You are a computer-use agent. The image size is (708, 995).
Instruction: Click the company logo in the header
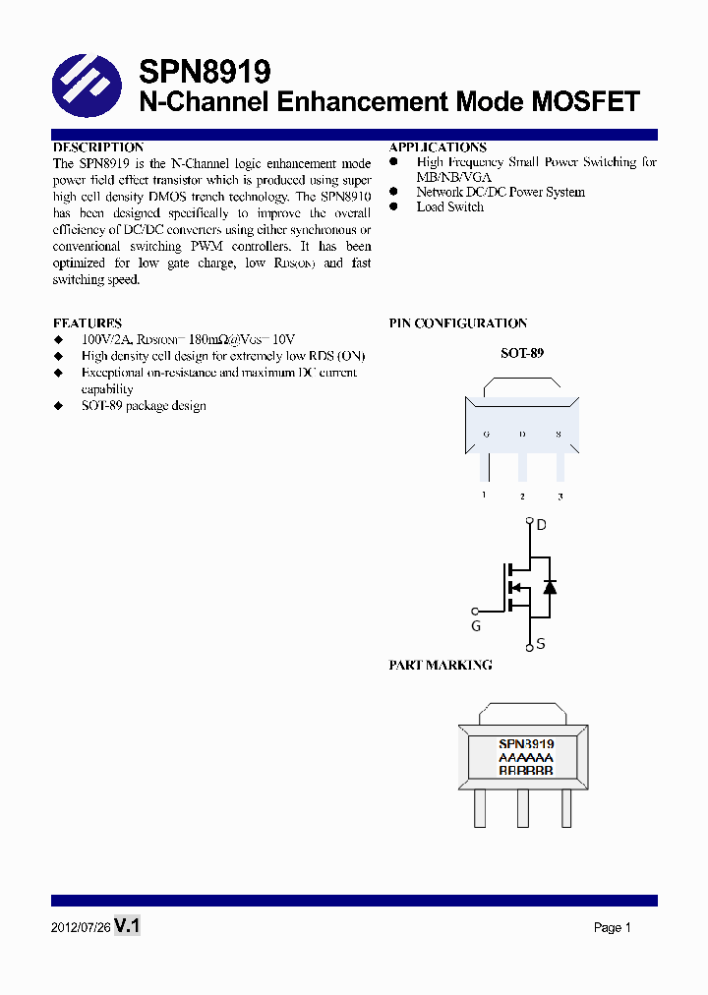(87, 86)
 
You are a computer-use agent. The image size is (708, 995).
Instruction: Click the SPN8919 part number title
(205, 72)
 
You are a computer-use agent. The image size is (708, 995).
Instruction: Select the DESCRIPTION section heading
(98, 147)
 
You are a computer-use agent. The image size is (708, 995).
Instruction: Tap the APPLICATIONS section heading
(438, 147)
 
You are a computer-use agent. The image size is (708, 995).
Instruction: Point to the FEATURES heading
(88, 322)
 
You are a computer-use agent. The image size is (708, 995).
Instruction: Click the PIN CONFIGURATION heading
(458, 322)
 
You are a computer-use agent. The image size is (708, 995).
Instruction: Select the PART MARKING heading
(441, 665)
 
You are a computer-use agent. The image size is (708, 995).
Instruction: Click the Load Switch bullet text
(449, 206)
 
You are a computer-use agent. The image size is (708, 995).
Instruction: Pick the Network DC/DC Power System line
(501, 192)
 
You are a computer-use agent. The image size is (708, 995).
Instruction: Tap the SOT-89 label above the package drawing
(522, 352)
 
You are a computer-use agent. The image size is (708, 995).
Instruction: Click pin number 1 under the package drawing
(484, 495)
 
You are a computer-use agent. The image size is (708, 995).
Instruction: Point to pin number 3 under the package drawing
(560, 497)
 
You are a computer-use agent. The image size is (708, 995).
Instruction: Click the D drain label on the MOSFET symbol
(541, 525)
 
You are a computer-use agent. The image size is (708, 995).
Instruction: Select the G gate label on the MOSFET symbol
(476, 625)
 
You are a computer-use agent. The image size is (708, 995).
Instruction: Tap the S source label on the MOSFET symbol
(541, 645)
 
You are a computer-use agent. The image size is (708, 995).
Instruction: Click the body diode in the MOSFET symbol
(550, 587)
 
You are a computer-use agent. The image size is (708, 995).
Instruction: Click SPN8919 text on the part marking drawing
(526, 744)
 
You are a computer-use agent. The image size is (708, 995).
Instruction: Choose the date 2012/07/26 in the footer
(81, 927)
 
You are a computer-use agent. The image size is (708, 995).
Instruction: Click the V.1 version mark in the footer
(128, 926)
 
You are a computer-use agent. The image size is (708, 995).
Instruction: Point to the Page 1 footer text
(612, 927)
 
